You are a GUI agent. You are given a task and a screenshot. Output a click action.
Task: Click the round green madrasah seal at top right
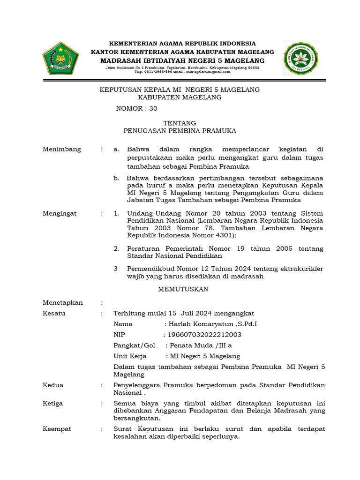301,58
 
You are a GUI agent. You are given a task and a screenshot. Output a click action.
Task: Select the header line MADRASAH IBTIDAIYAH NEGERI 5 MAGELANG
182,61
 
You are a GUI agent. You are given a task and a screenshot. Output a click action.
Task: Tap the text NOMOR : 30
137,109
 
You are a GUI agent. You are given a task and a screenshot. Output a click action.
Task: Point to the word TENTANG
179,123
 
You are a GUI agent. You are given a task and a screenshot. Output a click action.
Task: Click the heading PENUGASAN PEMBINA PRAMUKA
179,131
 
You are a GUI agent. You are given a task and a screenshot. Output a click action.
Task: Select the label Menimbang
62,150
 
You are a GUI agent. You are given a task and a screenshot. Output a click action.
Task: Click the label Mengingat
60,213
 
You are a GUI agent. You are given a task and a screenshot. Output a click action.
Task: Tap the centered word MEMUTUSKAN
183,289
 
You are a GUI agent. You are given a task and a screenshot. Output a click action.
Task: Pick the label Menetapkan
63,303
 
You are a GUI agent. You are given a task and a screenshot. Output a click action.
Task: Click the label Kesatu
54,313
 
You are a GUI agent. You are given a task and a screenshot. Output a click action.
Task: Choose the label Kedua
53,385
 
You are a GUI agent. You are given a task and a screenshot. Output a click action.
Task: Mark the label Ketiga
53,404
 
